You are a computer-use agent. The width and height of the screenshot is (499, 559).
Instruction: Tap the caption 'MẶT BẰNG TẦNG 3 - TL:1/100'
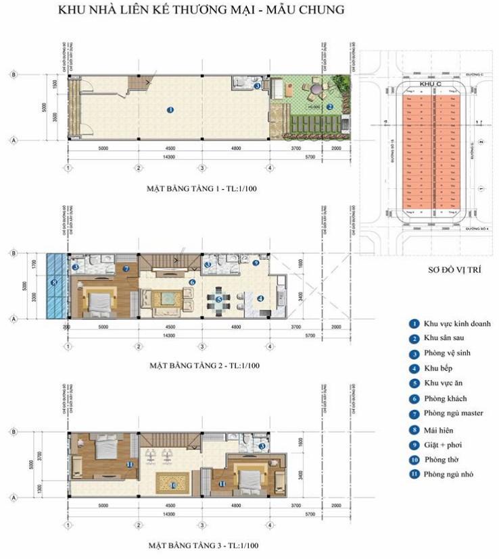(x=204, y=544)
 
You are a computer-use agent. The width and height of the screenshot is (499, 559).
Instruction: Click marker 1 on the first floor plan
(x=170, y=109)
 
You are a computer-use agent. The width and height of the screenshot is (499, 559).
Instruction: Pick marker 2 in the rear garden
(x=329, y=107)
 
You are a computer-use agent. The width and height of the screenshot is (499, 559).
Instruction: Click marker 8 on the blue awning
(x=55, y=282)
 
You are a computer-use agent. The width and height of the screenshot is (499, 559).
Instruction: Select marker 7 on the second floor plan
(x=126, y=269)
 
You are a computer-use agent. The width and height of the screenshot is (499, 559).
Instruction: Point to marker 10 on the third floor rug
(x=173, y=484)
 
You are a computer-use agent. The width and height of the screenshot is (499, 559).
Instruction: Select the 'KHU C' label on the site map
(x=425, y=83)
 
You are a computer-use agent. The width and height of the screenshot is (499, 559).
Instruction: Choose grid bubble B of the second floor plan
(x=13, y=253)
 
